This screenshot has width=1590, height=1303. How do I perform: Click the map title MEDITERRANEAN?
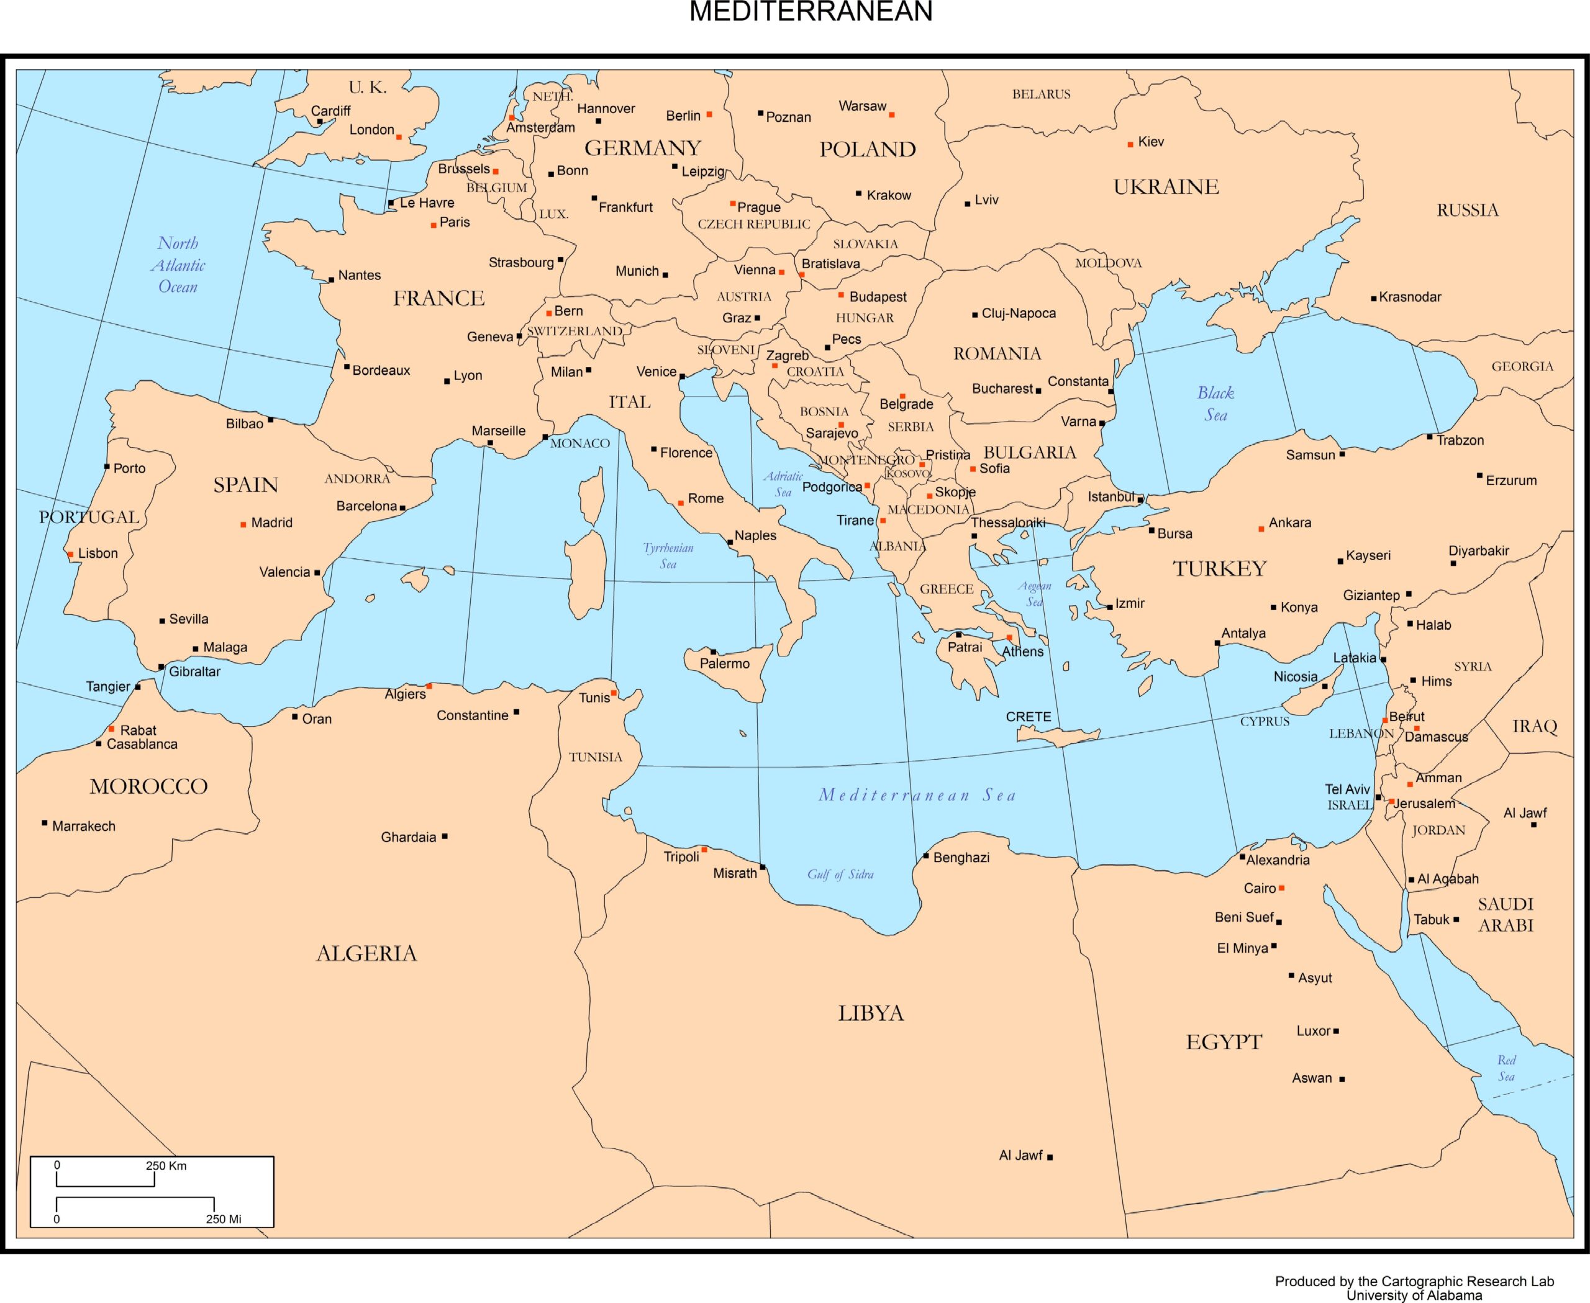810,12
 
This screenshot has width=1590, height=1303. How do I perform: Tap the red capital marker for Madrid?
243,525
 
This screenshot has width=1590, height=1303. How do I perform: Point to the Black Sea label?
1215,404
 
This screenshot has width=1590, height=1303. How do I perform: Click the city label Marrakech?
83,827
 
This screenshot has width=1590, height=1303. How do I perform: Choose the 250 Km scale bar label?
166,1166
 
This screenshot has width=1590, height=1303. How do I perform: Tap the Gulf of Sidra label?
840,874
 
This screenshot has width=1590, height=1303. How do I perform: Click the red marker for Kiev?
1130,144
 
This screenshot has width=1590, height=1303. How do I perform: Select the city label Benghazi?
961,858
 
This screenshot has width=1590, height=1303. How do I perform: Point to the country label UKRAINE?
1166,187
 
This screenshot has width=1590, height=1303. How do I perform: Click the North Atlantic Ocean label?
178,265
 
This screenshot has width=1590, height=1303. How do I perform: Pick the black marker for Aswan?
1342,1079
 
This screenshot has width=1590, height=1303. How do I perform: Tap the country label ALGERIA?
366,954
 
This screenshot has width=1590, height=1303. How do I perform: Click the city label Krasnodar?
1409,297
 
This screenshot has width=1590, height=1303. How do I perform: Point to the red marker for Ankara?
1261,529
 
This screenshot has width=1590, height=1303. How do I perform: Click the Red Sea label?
1506,1068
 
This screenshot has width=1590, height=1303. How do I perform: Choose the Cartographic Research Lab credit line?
1414,1281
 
